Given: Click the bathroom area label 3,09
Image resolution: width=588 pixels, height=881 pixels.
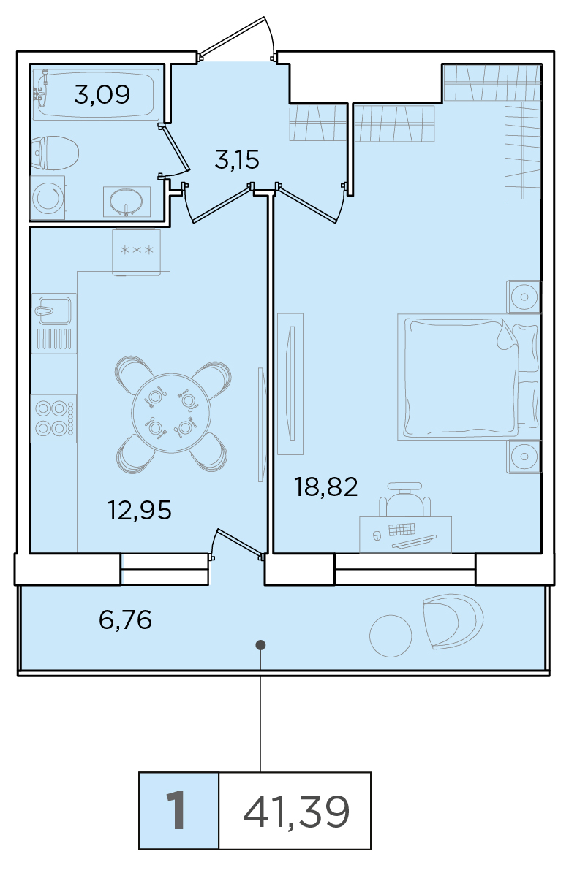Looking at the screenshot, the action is click(x=102, y=95).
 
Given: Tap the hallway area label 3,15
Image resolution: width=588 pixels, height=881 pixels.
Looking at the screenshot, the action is click(x=237, y=160).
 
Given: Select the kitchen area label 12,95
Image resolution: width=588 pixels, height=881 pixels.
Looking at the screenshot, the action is click(x=140, y=510).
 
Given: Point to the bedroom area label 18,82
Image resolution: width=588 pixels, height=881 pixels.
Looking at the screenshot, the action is click(x=325, y=487).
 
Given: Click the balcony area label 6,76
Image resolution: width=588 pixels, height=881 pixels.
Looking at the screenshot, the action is click(x=125, y=620).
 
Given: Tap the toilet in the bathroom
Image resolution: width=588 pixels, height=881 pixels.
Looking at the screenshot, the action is click(x=55, y=153).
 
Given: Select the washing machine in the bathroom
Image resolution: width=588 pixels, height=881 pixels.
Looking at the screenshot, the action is click(x=48, y=197).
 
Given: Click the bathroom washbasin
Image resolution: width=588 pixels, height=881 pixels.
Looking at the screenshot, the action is click(x=127, y=202).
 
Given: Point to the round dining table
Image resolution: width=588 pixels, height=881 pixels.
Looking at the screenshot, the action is click(x=171, y=413).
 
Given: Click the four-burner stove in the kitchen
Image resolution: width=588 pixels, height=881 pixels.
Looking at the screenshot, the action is click(x=53, y=419).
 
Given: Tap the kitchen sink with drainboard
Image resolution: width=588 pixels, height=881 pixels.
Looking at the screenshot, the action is click(x=54, y=324).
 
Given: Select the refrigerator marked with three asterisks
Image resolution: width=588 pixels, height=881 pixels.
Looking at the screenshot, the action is click(x=137, y=252).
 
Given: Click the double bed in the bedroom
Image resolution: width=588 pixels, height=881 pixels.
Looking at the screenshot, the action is click(x=468, y=376).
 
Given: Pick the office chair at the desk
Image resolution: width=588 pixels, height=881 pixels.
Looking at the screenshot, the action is click(x=405, y=500).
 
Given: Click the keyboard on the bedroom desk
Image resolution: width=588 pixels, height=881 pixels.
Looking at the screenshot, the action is click(x=402, y=530).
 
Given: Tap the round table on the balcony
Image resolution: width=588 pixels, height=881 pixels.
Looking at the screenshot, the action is click(x=391, y=636).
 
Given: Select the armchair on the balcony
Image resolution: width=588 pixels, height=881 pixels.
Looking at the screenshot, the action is click(x=453, y=621).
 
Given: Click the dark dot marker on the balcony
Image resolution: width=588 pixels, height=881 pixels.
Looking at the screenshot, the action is click(x=260, y=644).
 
